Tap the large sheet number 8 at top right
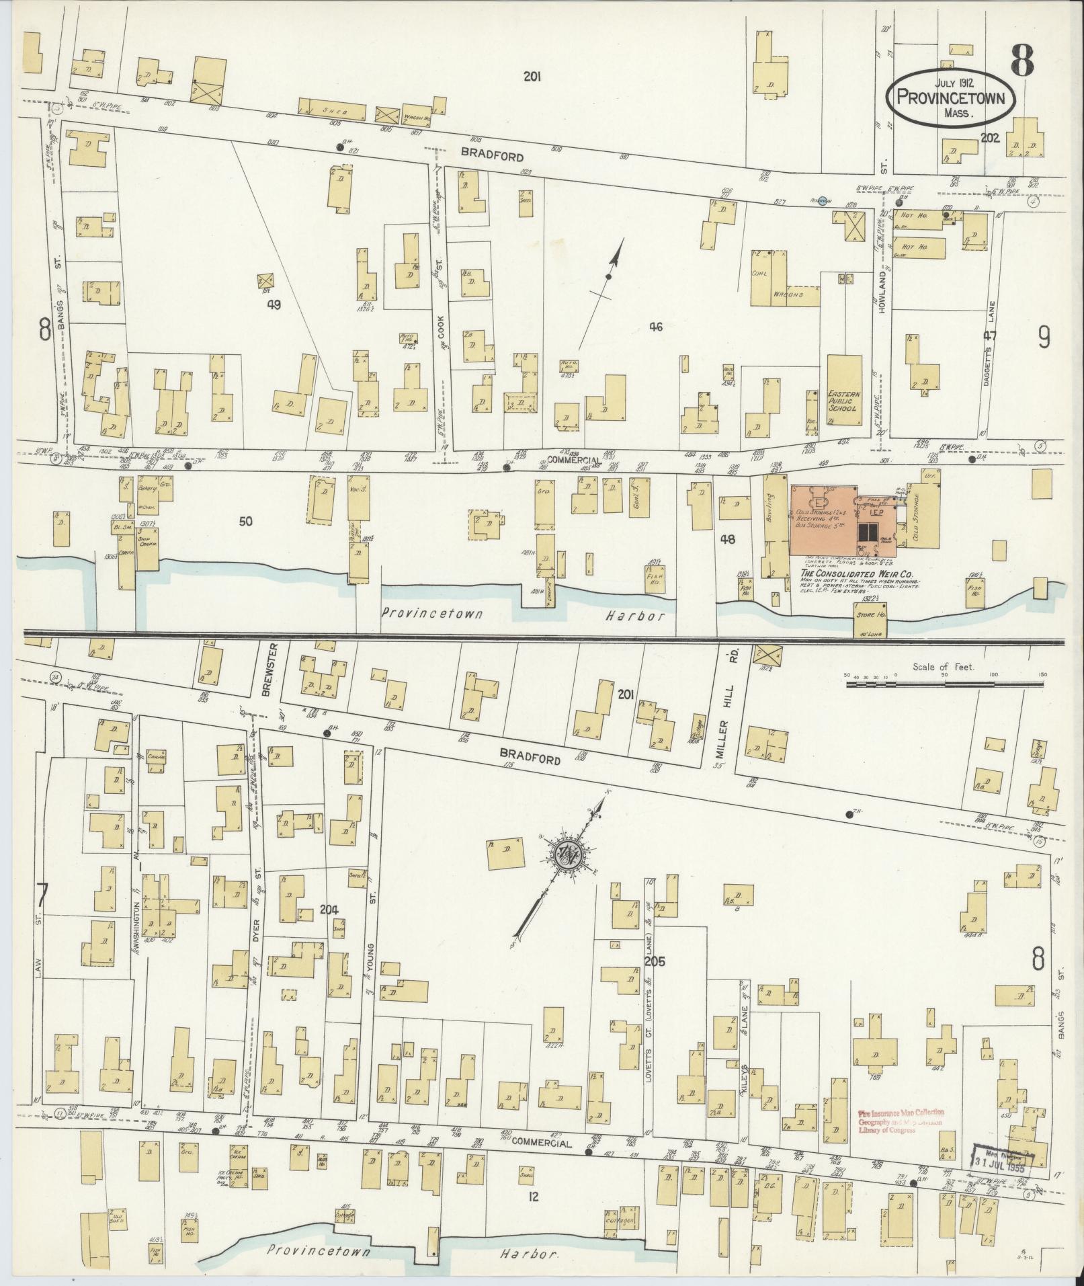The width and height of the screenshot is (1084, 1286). pyautogui.click(x=1021, y=65)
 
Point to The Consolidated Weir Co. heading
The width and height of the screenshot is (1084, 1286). pyautogui.click(x=854, y=573)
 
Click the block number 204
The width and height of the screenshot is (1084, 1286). pyautogui.click(x=329, y=909)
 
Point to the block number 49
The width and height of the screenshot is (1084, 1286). pyautogui.click(x=274, y=304)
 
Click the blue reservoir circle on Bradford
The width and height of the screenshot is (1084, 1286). pyautogui.click(x=821, y=202)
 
